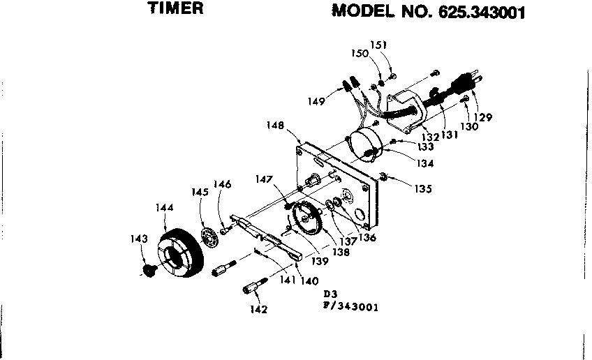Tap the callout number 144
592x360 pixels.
click(x=165, y=207)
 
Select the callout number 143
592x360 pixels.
click(x=140, y=239)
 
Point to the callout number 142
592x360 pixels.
click(x=259, y=309)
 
